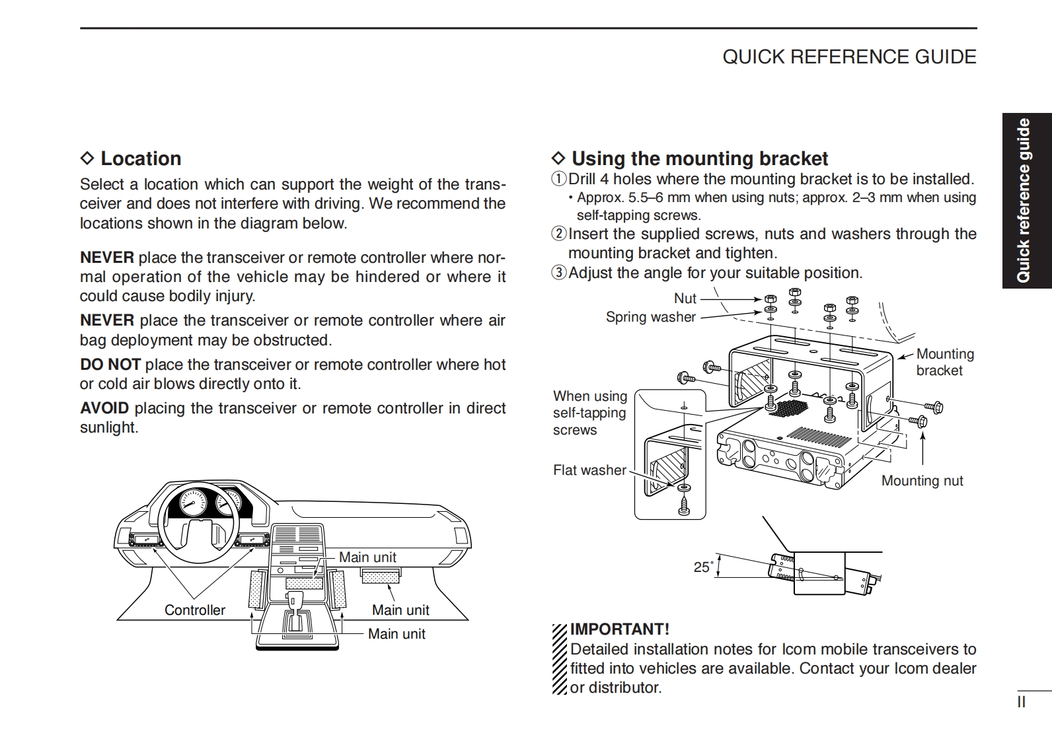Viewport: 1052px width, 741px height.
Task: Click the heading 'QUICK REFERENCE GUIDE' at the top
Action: (x=849, y=57)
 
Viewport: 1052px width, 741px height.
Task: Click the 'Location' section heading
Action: (x=140, y=159)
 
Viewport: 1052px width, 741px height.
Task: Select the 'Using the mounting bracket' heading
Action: (x=699, y=159)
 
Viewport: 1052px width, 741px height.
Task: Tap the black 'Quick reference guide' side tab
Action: (x=1024, y=201)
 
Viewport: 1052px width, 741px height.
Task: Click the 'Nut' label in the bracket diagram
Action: (x=685, y=299)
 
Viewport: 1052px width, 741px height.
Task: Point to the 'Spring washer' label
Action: (x=651, y=317)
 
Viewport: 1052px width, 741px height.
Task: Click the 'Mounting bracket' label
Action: (x=944, y=362)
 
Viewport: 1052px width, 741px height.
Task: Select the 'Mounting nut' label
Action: (x=922, y=481)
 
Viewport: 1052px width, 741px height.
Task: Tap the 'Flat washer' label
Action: (x=589, y=470)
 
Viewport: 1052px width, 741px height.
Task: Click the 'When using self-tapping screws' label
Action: (x=589, y=413)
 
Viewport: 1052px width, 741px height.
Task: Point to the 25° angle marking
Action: (x=703, y=567)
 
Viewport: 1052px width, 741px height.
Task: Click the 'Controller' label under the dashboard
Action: (x=195, y=610)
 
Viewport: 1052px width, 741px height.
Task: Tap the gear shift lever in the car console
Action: (x=295, y=603)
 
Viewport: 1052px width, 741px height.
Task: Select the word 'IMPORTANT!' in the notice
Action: (x=620, y=629)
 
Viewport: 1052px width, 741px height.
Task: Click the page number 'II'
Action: (x=1021, y=702)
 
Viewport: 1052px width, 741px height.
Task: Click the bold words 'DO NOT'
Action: (x=110, y=365)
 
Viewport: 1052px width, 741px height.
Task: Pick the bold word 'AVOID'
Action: (x=104, y=408)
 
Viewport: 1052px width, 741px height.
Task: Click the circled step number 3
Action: (x=559, y=273)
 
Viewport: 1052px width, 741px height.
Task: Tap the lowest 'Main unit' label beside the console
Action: (x=396, y=634)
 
